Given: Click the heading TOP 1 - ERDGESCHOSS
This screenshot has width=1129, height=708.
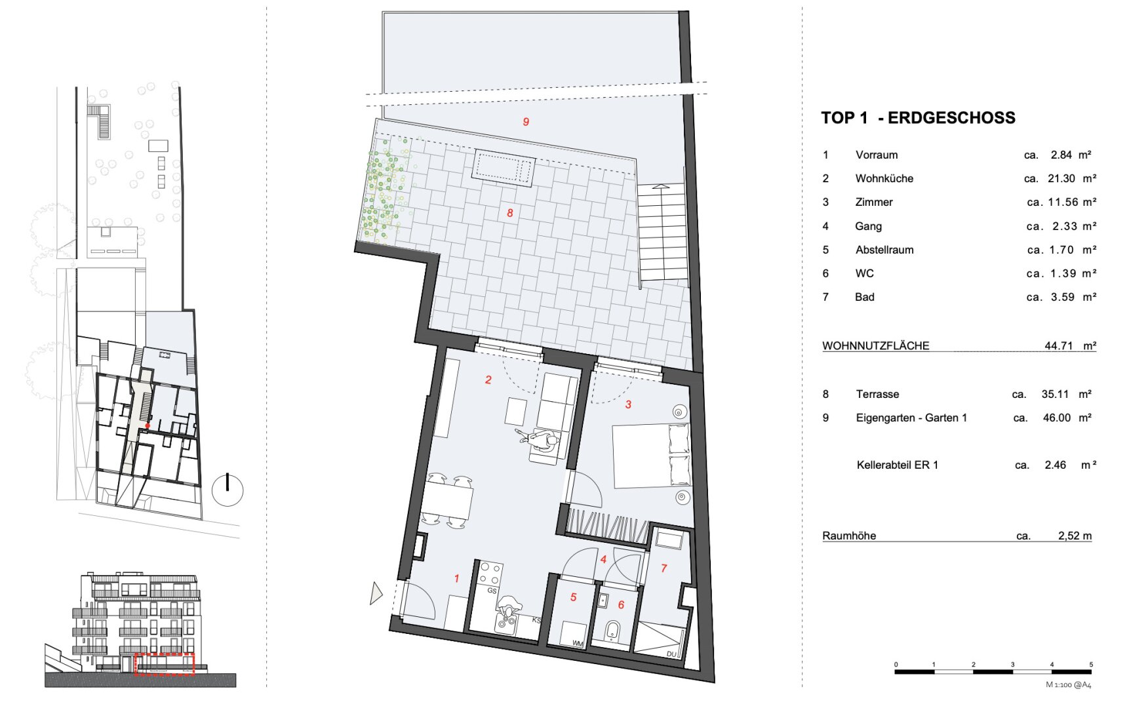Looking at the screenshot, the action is pyautogui.click(x=918, y=118).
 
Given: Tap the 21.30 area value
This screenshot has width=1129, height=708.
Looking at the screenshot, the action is pyautogui.click(x=1061, y=178).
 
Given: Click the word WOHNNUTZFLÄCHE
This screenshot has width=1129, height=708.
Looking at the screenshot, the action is pyautogui.click(x=875, y=345).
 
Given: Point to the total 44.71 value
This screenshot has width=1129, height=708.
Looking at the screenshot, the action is pyautogui.click(x=1058, y=345).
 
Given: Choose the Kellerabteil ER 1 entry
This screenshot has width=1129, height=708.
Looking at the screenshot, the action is pyautogui.click(x=897, y=465).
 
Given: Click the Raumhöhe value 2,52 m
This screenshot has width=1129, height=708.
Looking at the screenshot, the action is pyautogui.click(x=1075, y=536).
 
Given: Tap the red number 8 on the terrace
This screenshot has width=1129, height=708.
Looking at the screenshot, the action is pyautogui.click(x=509, y=213).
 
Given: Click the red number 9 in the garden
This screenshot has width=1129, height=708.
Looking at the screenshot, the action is pyautogui.click(x=526, y=122).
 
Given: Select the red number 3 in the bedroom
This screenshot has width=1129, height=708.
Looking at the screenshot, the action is pyautogui.click(x=628, y=404).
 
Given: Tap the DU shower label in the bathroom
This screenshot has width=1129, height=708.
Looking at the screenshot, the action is pyautogui.click(x=671, y=654).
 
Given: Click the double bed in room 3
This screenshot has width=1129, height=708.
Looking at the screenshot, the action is pyautogui.click(x=651, y=456).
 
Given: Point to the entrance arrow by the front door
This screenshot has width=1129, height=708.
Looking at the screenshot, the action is pyautogui.click(x=376, y=593).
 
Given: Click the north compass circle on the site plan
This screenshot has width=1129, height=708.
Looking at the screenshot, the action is pyautogui.click(x=228, y=490).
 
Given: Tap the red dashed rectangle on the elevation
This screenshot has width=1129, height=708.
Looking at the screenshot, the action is pyautogui.click(x=165, y=664).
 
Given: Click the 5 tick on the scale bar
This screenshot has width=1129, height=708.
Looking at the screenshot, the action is pyautogui.click(x=1091, y=665).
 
